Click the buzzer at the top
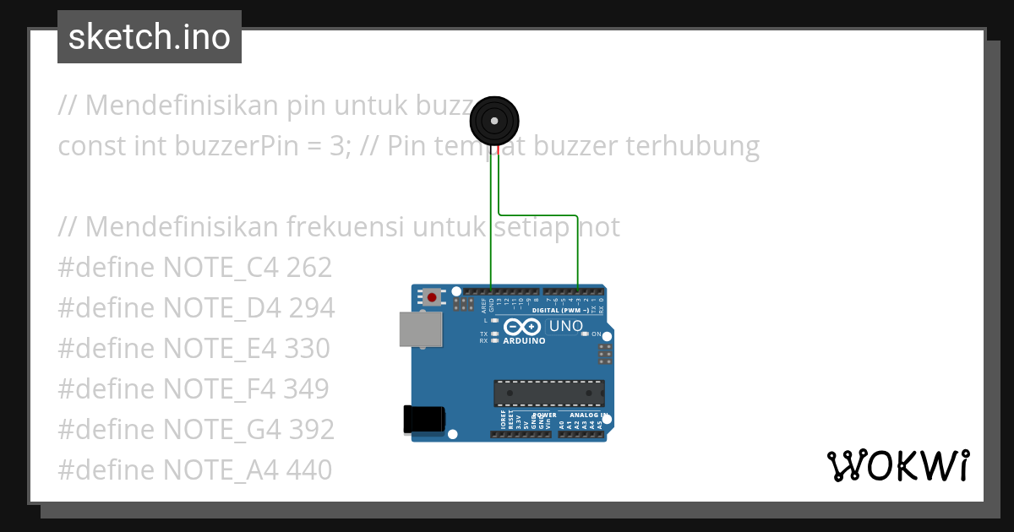pos(494,121)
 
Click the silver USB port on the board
pos(421,329)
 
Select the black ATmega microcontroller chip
pos(549,394)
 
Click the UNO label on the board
pos(566,326)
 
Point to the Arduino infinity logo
pos(522,327)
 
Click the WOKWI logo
pos(898,465)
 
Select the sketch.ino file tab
pos(150,37)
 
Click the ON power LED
pos(585,334)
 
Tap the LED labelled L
pos(494,321)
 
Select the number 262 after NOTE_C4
pos(309,268)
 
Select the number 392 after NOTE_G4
pos(311,429)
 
